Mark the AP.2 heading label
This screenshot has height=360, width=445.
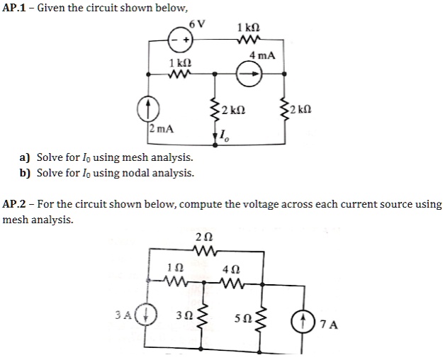(16, 205)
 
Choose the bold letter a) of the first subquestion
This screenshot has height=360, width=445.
(25, 157)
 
